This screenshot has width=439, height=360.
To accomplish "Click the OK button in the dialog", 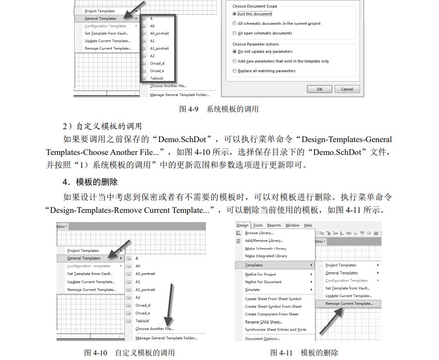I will pyautogui.click(x=319, y=89).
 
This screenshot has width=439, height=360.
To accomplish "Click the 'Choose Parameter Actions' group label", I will pyautogui.click(x=256, y=44).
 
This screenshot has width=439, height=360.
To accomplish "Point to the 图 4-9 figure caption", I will pyautogui.click(x=219, y=109).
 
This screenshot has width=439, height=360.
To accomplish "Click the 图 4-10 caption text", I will pyautogui.click(x=129, y=353).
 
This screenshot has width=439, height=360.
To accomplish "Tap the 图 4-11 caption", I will pyautogui.click(x=304, y=353).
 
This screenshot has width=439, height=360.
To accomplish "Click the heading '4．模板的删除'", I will pyautogui.click(x=90, y=182).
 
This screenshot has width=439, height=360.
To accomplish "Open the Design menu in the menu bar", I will pyautogui.click(x=242, y=225).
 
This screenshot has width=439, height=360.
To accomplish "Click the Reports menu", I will pyautogui.click(x=274, y=225).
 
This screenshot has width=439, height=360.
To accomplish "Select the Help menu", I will pyautogui.click(x=308, y=225).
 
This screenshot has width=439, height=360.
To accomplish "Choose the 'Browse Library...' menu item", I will pyautogui.click(x=259, y=233).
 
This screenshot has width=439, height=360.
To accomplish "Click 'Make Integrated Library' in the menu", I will pyautogui.click(x=266, y=256).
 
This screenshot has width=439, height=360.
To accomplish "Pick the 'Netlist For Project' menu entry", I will pyautogui.click(x=261, y=274).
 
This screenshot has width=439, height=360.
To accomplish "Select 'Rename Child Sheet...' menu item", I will pyautogui.click(x=263, y=322).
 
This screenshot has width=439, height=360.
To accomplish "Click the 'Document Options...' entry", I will pyautogui.click(x=262, y=339).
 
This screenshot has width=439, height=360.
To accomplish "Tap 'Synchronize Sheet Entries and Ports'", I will pyautogui.click(x=276, y=330).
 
